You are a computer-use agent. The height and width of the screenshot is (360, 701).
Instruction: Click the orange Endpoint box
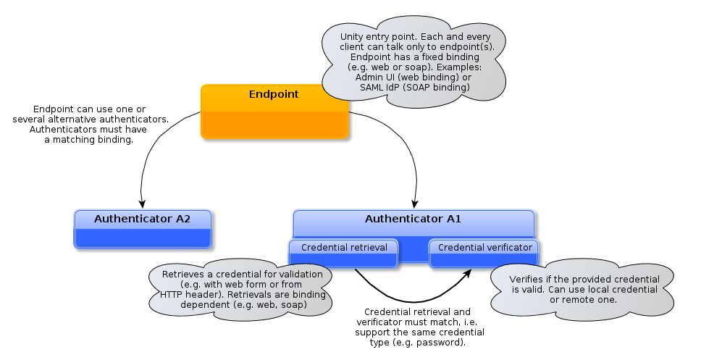click(x=274, y=112)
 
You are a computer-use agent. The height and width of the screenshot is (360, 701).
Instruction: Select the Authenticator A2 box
click(x=142, y=229)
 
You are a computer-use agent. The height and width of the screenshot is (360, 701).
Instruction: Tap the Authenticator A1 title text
click(x=413, y=218)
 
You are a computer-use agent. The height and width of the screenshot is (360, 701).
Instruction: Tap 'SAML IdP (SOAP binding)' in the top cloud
click(x=414, y=87)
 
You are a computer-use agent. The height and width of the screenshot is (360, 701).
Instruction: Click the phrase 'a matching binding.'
click(x=89, y=140)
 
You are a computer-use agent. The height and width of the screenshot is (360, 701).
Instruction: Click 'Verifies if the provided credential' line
click(x=584, y=279)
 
